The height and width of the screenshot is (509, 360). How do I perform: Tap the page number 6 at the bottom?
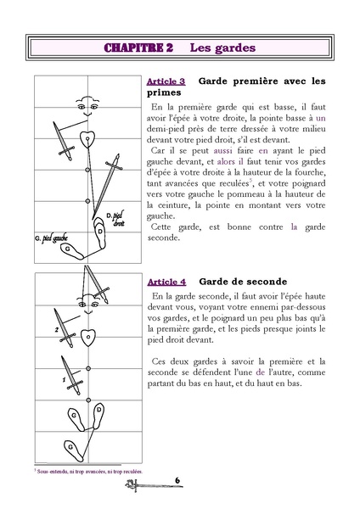click(179, 480)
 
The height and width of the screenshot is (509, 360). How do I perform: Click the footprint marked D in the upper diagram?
click(101, 230)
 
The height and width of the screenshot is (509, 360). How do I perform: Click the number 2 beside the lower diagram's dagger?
click(57, 328)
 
